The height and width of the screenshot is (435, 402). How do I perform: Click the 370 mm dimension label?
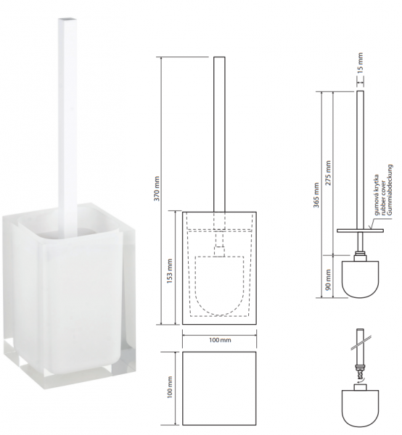[x=157, y=188]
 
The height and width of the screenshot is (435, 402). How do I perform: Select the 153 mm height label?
[x=170, y=271]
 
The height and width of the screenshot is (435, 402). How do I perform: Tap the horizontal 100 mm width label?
[x=220, y=340]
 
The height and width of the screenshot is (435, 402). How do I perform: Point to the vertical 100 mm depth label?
[x=170, y=387]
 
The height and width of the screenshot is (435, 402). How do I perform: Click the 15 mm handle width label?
[x=360, y=63]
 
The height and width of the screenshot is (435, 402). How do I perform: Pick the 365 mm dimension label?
[x=316, y=195]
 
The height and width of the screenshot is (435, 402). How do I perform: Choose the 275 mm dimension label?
[x=329, y=173]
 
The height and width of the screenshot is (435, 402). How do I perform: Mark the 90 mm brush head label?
[x=329, y=279]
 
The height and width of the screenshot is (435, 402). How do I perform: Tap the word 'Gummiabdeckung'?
[x=390, y=190]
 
